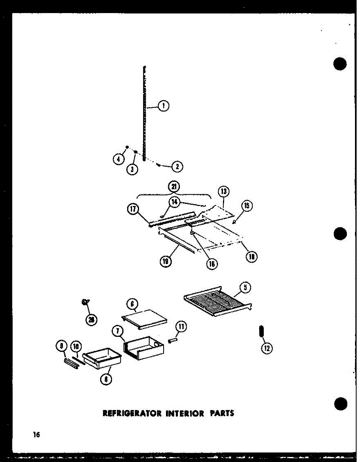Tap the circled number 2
pyautogui.click(x=177, y=167)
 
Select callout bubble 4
pyautogui.click(x=119, y=159)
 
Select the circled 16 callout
pyautogui.click(x=212, y=264)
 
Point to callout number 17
pyautogui.click(x=133, y=209)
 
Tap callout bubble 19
pyautogui.click(x=166, y=262)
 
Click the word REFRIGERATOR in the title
pyautogui.click(x=129, y=413)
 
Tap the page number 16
pyautogui.click(x=36, y=435)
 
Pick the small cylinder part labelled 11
pyautogui.click(x=172, y=340)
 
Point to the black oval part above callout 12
pyautogui.click(x=261, y=331)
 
